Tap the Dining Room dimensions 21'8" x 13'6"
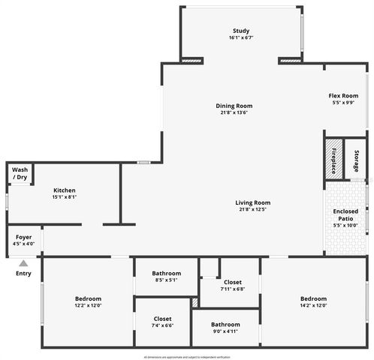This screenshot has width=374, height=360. [234, 113]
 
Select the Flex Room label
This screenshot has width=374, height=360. [342, 96]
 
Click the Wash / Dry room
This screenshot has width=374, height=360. [19, 173]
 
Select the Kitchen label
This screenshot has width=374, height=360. [65, 190]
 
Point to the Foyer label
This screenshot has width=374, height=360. [23, 237]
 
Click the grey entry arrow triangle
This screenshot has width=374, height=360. [23, 263]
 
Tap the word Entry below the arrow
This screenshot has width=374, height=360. [23, 274]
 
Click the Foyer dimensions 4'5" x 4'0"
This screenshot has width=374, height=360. [23, 244]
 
